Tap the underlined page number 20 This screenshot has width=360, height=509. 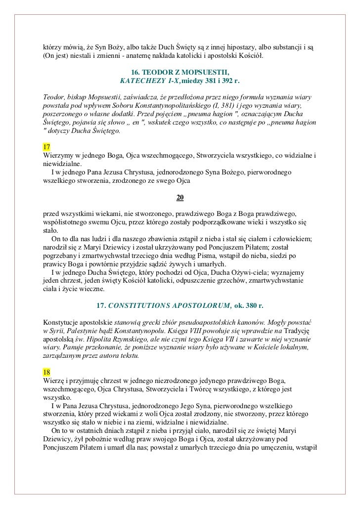point(180,198)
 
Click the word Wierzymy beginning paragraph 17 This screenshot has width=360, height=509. point(58,157)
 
